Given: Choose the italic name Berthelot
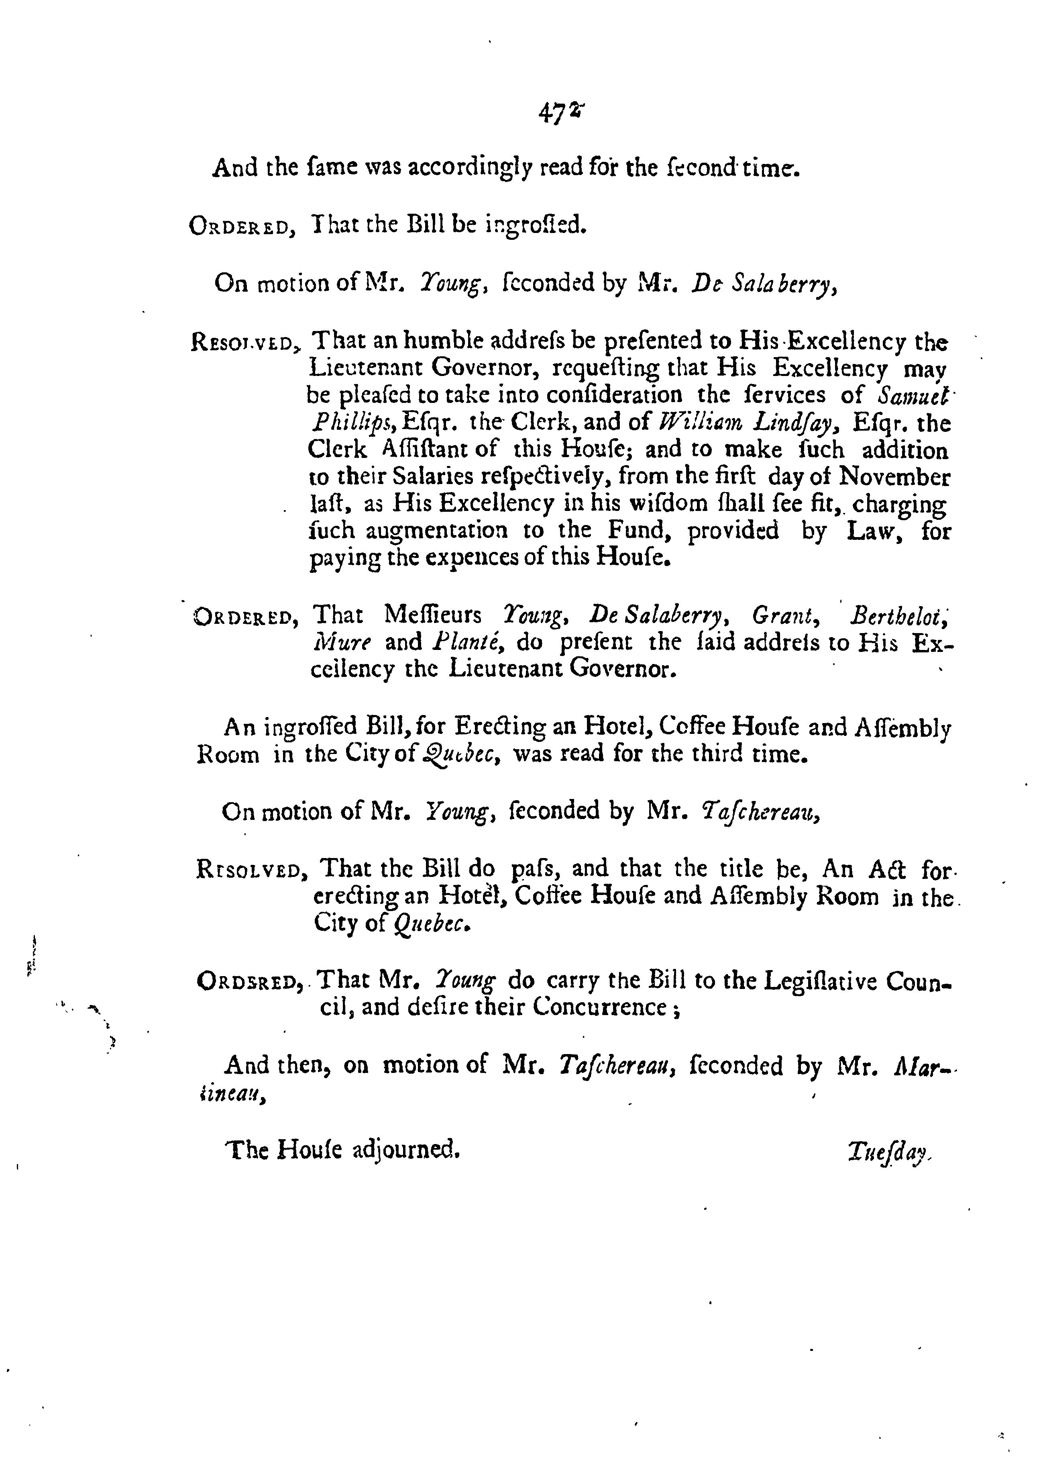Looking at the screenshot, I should click(899, 615).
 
